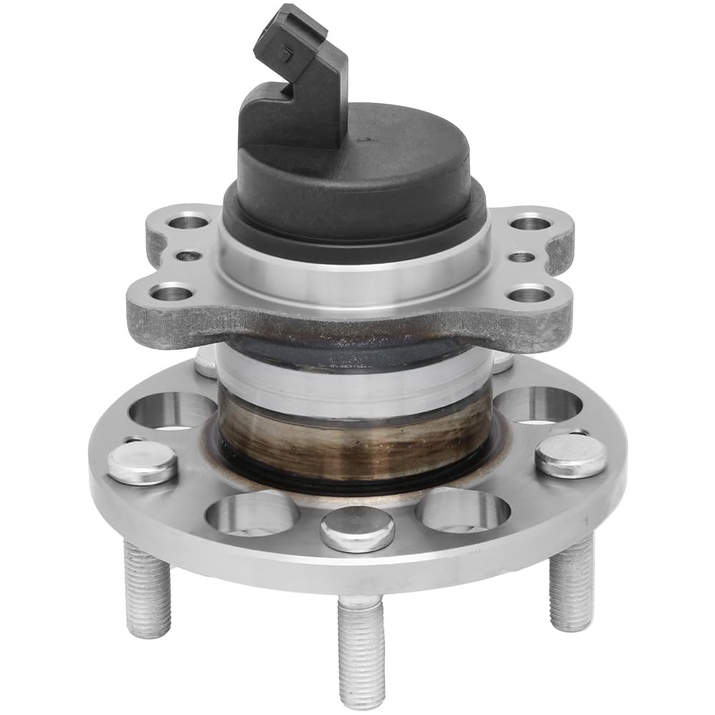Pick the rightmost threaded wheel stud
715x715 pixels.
(571, 583)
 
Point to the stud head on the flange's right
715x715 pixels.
(570, 455)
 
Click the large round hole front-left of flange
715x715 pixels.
(252, 513)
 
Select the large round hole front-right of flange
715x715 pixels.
(463, 511)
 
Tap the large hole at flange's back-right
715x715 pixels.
(538, 404)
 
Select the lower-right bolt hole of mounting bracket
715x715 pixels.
(531, 293)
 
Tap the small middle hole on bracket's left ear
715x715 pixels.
(188, 255)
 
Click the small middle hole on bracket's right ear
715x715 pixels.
(523, 257)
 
